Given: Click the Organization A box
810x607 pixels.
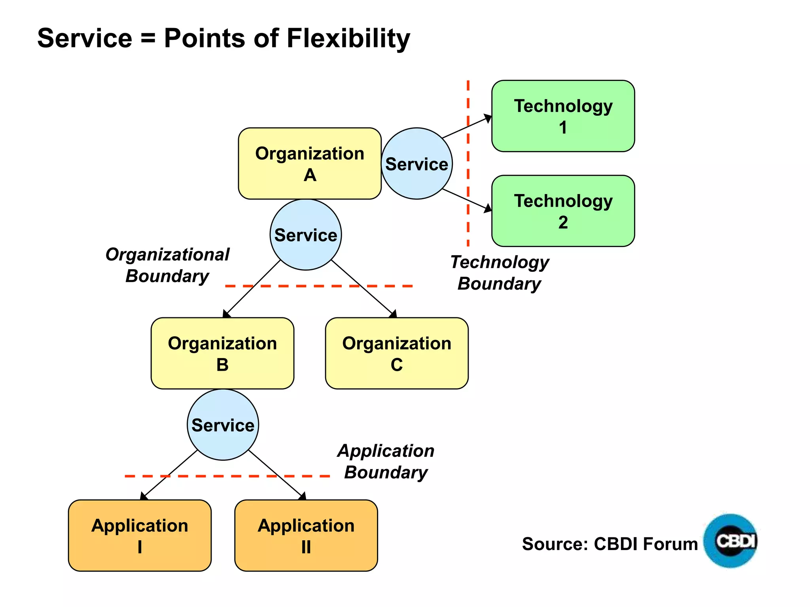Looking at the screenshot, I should pyautogui.click(x=310, y=163).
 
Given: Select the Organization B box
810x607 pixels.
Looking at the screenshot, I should pyautogui.click(x=222, y=353).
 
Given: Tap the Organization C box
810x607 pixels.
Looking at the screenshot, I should pyautogui.click(x=397, y=353).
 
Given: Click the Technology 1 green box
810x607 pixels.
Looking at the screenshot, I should pyautogui.click(x=563, y=116).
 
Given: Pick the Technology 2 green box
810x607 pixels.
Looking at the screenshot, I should pyautogui.click(x=563, y=211).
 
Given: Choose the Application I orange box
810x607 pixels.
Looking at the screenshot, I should pyautogui.click(x=140, y=535).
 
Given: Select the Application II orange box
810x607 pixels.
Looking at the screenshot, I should pyautogui.click(x=306, y=535).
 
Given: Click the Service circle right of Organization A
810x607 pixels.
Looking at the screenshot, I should pyautogui.click(x=416, y=163).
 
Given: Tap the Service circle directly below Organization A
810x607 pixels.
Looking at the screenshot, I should pyautogui.click(x=306, y=235).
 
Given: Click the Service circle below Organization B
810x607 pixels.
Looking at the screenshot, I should pyautogui.click(x=223, y=425).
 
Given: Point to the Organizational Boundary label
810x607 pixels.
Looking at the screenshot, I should pyautogui.click(x=167, y=265).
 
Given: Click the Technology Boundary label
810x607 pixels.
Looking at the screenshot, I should pyautogui.click(x=500, y=273).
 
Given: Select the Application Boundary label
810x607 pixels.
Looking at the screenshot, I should pyautogui.click(x=386, y=462).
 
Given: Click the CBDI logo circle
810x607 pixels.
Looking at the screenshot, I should pyautogui.click(x=731, y=541).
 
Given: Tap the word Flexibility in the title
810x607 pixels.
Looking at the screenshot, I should pyautogui.click(x=348, y=38).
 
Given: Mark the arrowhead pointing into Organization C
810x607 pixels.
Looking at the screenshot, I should pyautogui.click(x=393, y=315).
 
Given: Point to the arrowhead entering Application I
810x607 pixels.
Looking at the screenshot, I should pyautogui.click(x=144, y=496).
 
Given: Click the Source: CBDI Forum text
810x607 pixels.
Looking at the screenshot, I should pyautogui.click(x=609, y=544).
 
